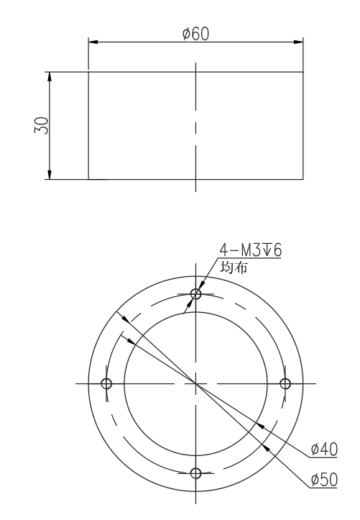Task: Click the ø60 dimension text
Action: coord(195,34)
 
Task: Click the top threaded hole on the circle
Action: coord(195,293)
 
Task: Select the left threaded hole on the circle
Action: coord(106,383)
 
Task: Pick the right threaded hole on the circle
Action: coord(285,383)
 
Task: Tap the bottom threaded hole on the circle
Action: coord(195,473)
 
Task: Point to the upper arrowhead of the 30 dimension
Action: coord(50,77)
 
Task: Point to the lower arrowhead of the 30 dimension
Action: coord(50,174)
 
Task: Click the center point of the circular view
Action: coord(195,383)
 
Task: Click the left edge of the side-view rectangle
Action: coord(88,126)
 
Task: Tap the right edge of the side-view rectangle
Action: coord(303,126)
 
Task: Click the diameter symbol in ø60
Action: coord(186,34)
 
